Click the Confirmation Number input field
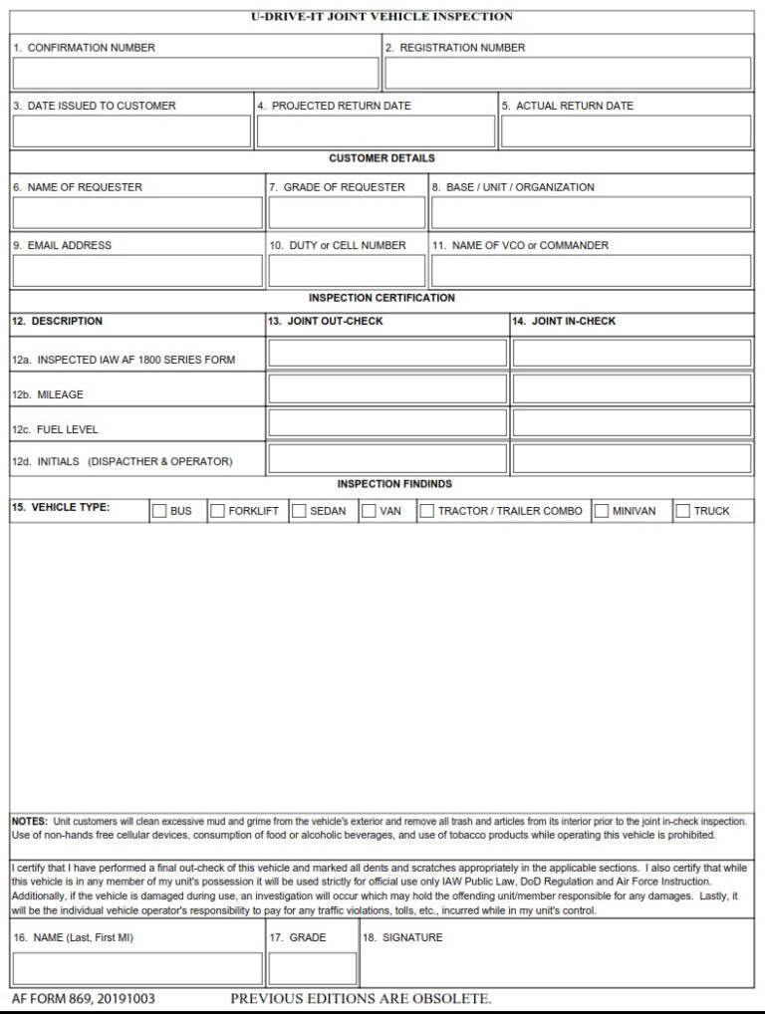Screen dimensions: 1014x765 [195, 74]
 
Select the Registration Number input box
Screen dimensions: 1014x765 [568, 74]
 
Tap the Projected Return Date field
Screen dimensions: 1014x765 [376, 131]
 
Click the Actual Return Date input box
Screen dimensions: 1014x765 [626, 131]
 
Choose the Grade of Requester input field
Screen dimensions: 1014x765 [347, 213]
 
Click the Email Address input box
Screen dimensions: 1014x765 [137, 271]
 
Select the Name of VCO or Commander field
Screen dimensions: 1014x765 [591, 271]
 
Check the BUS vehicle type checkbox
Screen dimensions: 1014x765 [159, 511]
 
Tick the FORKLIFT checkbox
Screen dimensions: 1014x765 [217, 511]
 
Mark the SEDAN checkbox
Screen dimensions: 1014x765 [299, 511]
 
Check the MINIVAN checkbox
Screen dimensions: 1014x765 [602, 511]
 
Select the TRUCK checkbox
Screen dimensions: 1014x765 [683, 511]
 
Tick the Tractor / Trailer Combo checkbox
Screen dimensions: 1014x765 [426, 511]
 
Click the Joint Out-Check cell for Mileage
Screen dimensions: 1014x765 [387, 388]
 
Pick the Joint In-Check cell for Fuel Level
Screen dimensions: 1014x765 [632, 423]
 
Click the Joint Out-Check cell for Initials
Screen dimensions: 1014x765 [387, 458]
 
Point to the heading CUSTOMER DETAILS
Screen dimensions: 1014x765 [382, 158]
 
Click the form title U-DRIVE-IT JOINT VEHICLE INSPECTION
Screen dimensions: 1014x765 [382, 17]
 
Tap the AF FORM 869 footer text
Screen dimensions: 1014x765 [83, 998]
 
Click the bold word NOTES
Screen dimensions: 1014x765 [29, 821]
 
